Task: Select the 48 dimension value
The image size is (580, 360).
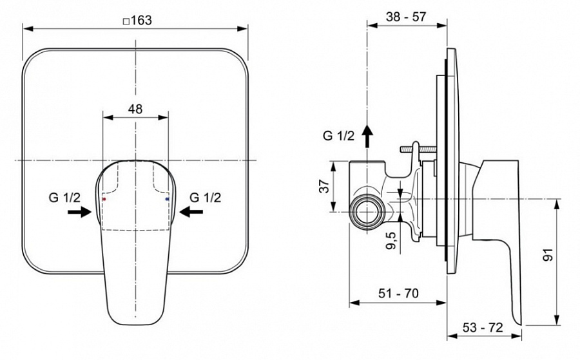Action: tap(135, 109)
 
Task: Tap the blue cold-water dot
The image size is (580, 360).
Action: tap(167, 200)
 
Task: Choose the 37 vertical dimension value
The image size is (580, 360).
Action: tap(325, 186)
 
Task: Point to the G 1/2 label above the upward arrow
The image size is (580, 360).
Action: tap(338, 135)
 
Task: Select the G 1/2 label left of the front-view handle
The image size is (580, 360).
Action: tap(64, 198)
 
